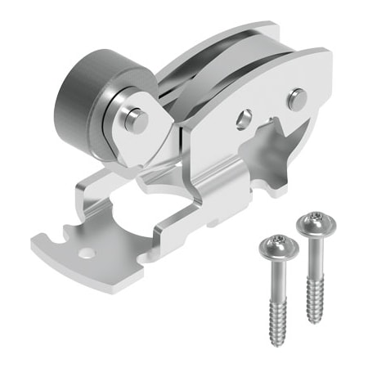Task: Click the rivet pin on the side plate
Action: click(298, 98)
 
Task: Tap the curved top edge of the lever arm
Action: click(245, 61)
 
